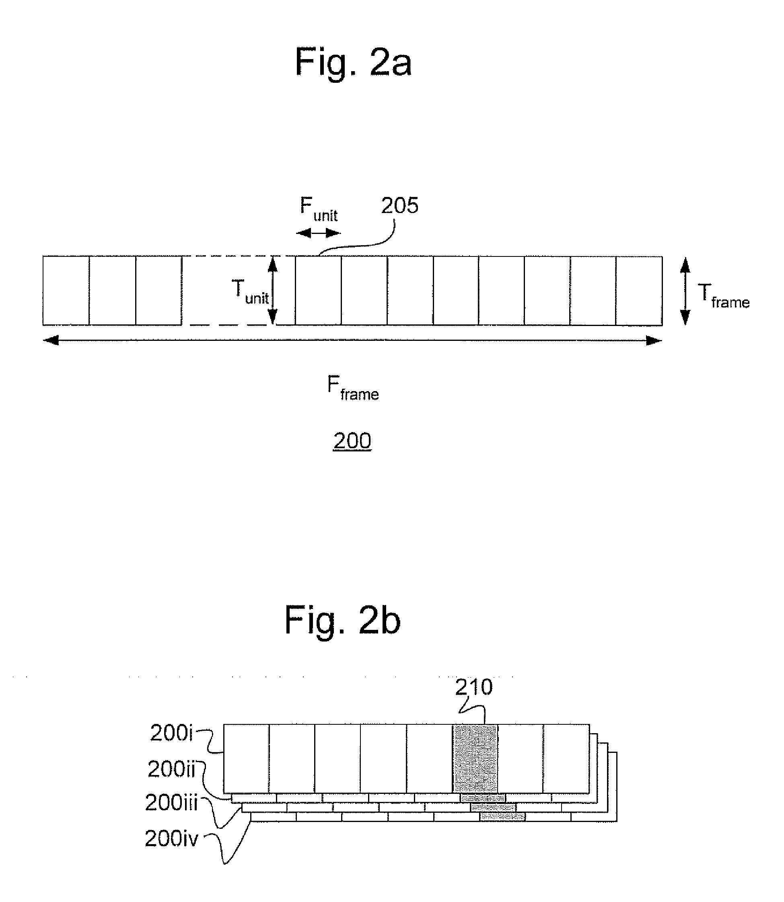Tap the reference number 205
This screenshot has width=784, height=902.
[x=399, y=205]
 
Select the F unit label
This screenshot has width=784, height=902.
[x=319, y=209]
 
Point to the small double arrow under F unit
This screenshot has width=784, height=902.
[x=318, y=233]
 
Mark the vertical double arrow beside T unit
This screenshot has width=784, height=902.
[x=273, y=290]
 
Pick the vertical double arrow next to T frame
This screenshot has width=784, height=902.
[x=685, y=291]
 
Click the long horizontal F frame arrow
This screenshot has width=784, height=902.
[x=352, y=340]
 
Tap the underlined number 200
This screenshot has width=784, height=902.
[x=352, y=441]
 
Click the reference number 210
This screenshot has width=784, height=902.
[x=474, y=687]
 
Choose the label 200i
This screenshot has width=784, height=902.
[x=171, y=733]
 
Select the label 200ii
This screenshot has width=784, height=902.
[x=171, y=769]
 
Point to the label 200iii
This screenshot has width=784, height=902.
[x=171, y=802]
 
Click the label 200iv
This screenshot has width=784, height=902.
[x=171, y=838]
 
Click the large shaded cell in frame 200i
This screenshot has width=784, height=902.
[x=475, y=758]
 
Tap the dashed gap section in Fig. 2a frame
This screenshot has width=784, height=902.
[x=239, y=291]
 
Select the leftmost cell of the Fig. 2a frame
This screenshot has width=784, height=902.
[x=66, y=291]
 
